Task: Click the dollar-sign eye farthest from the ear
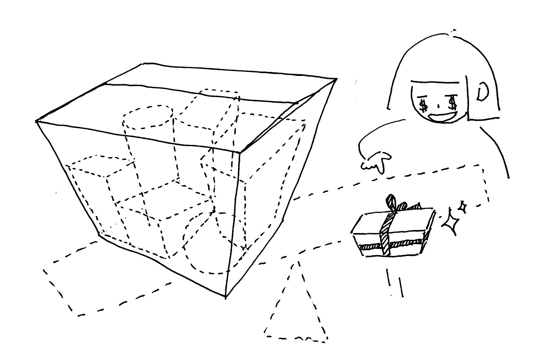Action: click(423, 104)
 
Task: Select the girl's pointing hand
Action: click(376, 162)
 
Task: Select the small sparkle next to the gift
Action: click(462, 207)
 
